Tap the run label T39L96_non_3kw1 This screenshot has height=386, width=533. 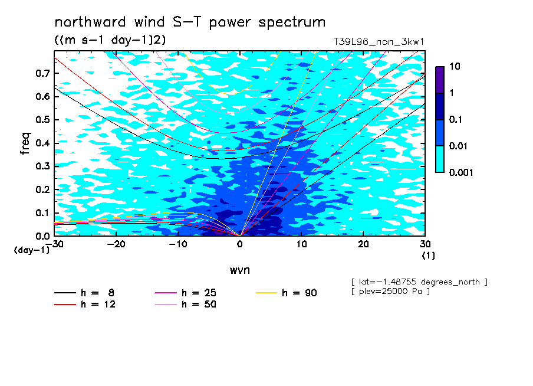(x=379, y=42)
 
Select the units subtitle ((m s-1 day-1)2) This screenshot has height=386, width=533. (x=110, y=40)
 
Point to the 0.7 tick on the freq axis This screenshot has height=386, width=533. (x=43, y=73)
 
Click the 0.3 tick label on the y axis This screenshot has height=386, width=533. (x=43, y=166)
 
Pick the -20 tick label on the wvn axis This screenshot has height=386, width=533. (x=116, y=244)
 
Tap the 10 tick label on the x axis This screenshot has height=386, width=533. (x=301, y=244)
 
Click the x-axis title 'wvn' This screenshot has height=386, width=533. (x=240, y=270)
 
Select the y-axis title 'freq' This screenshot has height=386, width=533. (x=25, y=143)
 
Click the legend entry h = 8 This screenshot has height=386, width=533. (x=84, y=293)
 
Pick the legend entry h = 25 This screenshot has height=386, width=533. (x=186, y=293)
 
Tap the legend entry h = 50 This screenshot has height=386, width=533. (x=186, y=304)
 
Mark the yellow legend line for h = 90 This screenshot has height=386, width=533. (x=266, y=293)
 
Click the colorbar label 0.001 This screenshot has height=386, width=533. (x=461, y=172)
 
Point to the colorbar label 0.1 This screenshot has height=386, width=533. (x=456, y=119)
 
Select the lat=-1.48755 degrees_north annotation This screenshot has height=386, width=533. (x=419, y=282)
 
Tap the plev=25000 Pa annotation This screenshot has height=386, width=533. (x=390, y=292)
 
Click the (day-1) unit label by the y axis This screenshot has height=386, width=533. (x=31, y=250)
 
